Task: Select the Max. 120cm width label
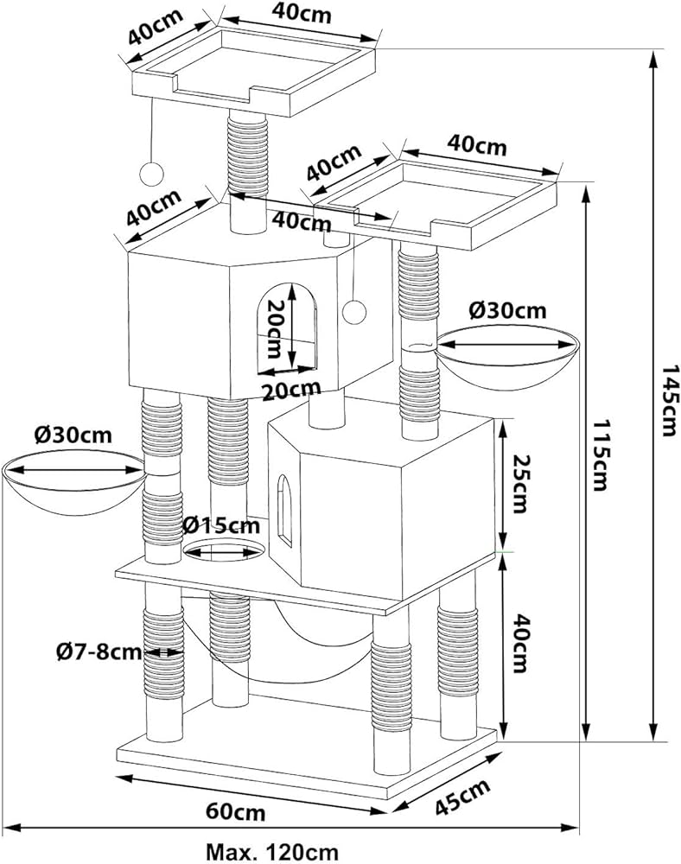point(271,852)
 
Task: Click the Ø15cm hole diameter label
point(220,524)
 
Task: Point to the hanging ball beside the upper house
point(353,308)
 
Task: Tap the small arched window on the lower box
point(284,514)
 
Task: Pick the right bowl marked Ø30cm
point(508,359)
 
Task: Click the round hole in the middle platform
point(224,550)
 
